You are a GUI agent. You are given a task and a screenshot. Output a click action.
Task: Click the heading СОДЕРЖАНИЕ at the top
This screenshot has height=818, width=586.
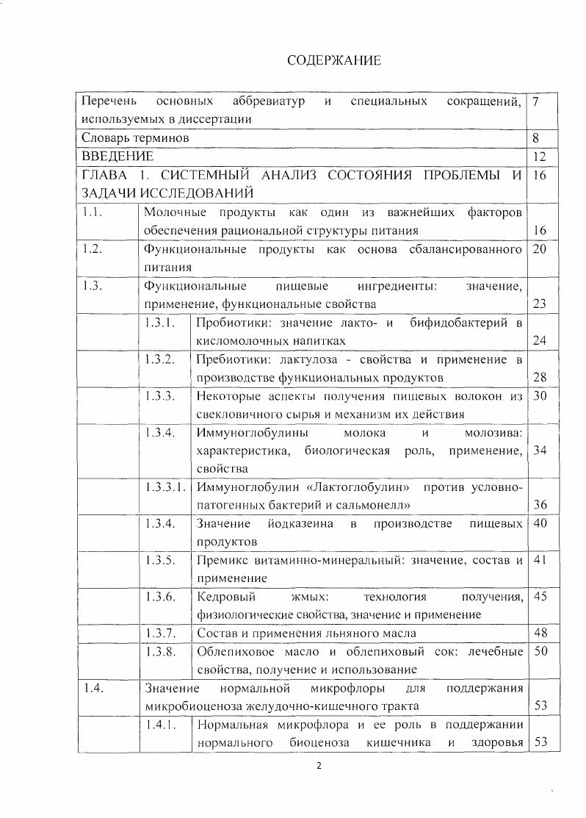click(333, 60)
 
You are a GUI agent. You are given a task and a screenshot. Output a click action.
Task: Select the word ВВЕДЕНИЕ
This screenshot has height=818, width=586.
click(117, 156)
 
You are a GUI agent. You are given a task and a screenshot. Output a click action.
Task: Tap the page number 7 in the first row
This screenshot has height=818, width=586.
click(536, 100)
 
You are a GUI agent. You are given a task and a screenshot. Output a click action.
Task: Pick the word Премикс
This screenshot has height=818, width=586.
click(221, 560)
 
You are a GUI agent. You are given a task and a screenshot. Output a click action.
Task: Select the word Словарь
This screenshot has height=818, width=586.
click(105, 137)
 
